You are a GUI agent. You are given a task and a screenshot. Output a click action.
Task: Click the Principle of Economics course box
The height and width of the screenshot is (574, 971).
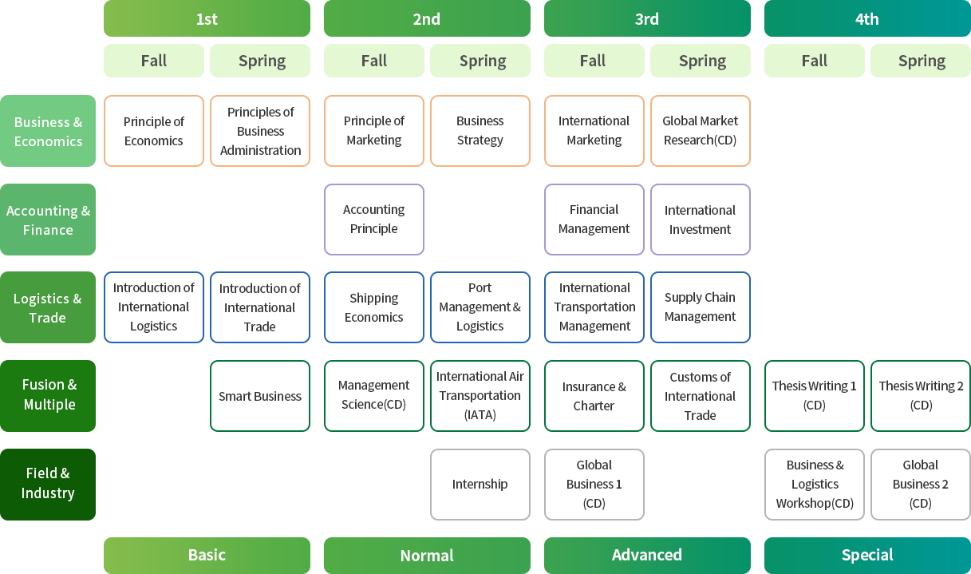(154, 131)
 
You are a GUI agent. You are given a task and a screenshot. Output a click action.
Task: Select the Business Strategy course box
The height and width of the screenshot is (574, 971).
(480, 131)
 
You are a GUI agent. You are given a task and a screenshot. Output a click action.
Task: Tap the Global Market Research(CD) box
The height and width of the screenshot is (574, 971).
(700, 131)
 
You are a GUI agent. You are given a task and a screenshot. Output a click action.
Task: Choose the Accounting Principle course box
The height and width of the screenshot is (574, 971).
(373, 220)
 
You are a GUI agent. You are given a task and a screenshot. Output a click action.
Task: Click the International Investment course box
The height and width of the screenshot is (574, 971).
(700, 220)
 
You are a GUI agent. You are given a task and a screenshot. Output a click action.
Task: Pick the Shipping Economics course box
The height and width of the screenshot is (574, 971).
(373, 307)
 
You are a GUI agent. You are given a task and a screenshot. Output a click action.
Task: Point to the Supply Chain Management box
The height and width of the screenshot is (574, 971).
(700, 307)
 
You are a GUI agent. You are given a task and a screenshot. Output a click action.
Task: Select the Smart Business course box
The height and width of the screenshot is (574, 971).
(260, 396)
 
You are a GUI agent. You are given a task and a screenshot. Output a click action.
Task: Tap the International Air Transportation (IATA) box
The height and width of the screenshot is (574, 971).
(480, 396)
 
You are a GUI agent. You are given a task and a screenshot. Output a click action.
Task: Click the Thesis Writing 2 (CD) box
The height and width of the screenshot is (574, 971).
(921, 396)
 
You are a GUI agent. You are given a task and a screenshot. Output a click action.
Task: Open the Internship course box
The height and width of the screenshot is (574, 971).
(480, 485)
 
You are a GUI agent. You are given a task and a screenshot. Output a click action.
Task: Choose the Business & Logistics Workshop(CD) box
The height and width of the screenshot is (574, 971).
(814, 485)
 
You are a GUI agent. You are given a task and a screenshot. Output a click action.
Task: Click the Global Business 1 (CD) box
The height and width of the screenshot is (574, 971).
(594, 485)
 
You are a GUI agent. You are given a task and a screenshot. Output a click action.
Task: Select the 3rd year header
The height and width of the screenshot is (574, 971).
(647, 19)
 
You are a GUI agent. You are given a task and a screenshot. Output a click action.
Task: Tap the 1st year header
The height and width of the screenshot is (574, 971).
(207, 19)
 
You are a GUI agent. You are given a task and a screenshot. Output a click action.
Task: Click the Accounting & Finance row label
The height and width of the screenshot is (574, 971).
(48, 220)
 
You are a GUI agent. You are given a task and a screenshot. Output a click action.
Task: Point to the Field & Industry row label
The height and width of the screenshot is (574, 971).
(48, 484)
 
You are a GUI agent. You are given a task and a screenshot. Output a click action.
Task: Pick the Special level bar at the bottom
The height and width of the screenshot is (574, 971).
(867, 555)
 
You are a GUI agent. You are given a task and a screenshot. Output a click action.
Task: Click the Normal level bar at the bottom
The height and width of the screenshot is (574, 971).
(427, 555)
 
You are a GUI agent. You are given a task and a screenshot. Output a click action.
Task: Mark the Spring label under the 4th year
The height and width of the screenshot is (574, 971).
(922, 61)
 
